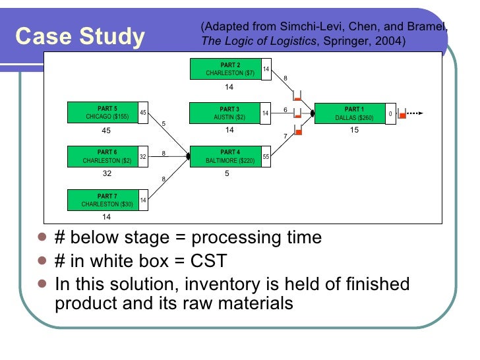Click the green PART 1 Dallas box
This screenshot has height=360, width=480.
[x=353, y=113]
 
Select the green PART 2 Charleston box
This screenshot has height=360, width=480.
[x=225, y=69]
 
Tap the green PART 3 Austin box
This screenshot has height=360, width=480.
[x=225, y=113]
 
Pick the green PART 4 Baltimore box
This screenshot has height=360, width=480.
[x=225, y=156]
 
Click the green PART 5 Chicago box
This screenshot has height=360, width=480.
[x=103, y=113]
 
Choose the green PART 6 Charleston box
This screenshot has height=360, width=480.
[x=103, y=156]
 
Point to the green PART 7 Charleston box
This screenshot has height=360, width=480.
[x=103, y=200]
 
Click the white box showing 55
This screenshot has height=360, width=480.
[x=266, y=157]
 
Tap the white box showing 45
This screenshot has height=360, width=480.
[x=143, y=113]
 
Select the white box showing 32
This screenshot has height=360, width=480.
[x=143, y=156]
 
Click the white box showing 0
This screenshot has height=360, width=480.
[x=390, y=113]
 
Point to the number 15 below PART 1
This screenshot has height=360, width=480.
[x=354, y=131]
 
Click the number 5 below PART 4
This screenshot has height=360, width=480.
[x=227, y=174]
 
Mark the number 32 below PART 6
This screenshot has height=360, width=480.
[x=107, y=174]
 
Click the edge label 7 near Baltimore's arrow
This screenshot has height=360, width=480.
[x=285, y=136]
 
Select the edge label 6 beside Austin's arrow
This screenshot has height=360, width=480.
[x=285, y=109]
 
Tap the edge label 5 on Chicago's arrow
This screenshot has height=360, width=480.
[x=163, y=124]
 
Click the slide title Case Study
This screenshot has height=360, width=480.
[x=79, y=38]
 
